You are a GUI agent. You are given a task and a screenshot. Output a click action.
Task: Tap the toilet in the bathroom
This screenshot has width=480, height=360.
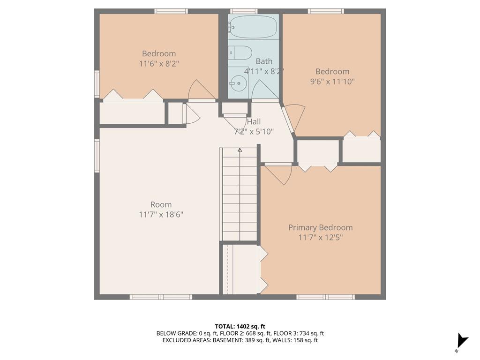[240, 52]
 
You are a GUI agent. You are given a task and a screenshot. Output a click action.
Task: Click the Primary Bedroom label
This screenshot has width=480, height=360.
[320, 227]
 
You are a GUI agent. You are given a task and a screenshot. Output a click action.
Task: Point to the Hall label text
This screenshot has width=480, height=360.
[254, 121]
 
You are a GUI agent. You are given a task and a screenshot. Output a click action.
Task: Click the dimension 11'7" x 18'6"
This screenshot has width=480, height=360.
[161, 214]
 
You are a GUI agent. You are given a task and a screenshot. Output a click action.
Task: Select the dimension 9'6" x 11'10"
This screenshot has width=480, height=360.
[332, 82]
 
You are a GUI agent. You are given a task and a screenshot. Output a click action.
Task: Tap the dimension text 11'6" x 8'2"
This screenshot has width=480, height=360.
[159, 64]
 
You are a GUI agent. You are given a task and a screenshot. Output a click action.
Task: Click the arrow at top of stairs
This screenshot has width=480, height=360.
[240, 150]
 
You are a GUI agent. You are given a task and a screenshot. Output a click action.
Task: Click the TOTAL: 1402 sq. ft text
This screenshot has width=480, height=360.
[240, 326]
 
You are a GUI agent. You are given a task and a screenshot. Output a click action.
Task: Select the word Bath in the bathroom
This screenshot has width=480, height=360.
[264, 61]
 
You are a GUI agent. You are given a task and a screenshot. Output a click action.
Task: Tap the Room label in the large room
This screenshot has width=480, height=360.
[161, 204]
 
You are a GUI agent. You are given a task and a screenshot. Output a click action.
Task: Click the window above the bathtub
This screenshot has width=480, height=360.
[244, 11]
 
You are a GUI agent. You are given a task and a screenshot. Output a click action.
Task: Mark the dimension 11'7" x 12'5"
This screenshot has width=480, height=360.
[320, 237]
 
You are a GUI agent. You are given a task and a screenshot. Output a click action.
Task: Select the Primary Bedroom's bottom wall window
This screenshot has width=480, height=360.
[326, 297]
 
